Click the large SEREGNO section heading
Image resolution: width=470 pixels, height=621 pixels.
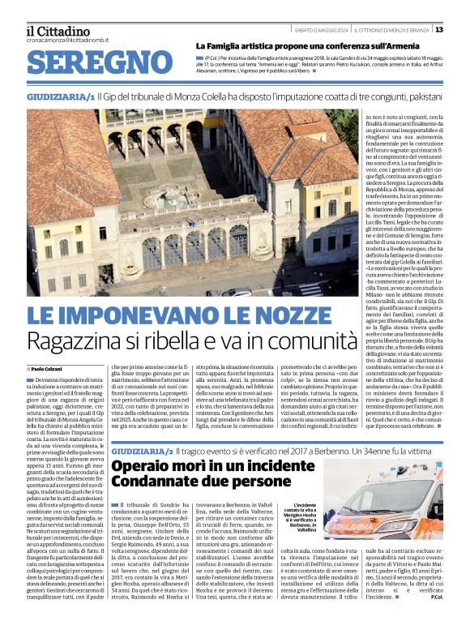94,64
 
